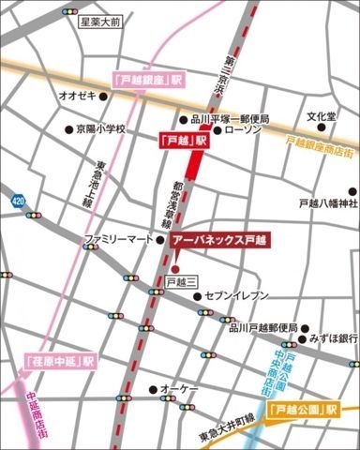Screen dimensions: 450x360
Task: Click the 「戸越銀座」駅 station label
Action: (145, 82)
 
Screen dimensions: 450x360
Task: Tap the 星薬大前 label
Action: (99, 21)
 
